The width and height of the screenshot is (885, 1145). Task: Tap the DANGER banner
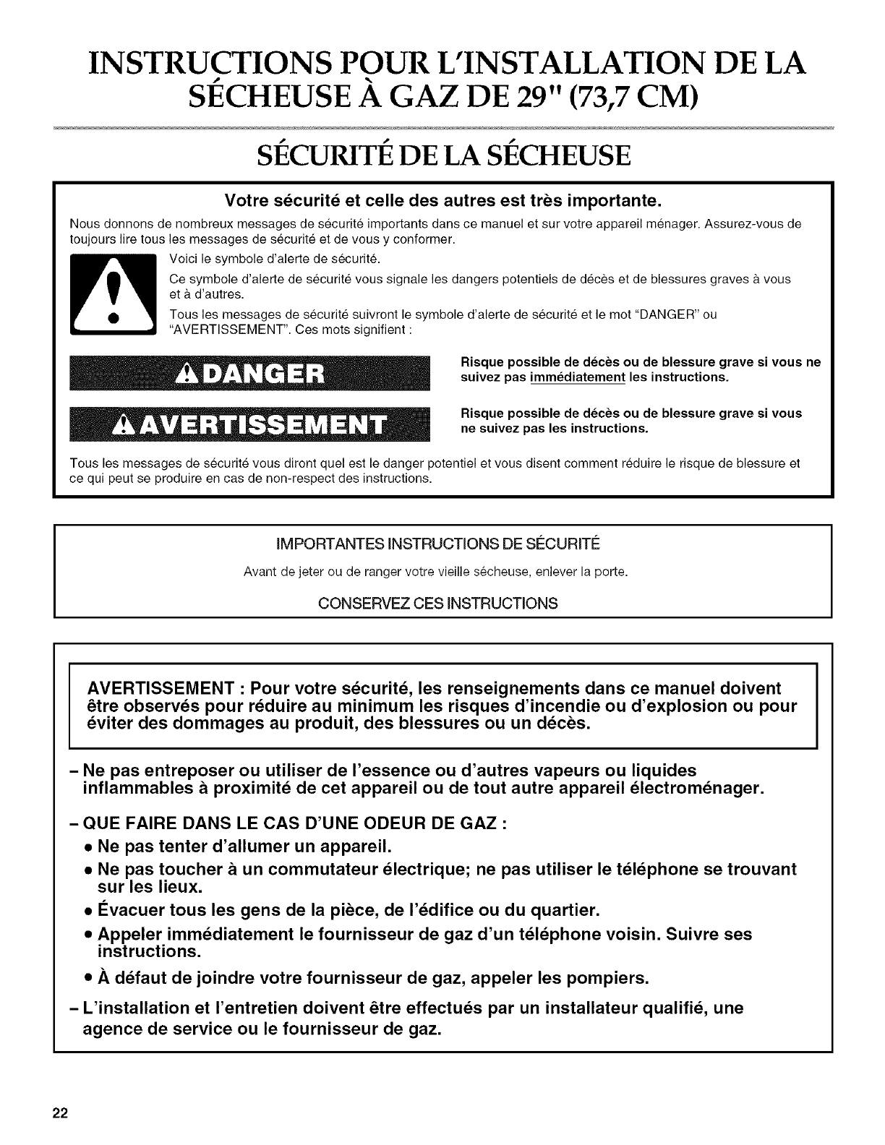249,376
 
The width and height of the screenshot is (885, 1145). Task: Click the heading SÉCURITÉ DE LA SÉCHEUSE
442,155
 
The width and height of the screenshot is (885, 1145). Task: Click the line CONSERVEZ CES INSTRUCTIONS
442,603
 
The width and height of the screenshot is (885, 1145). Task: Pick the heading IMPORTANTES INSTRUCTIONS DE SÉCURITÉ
442,544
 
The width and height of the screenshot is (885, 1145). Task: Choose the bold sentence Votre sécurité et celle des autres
442,199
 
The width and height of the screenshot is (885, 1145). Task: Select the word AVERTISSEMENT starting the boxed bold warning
164,687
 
